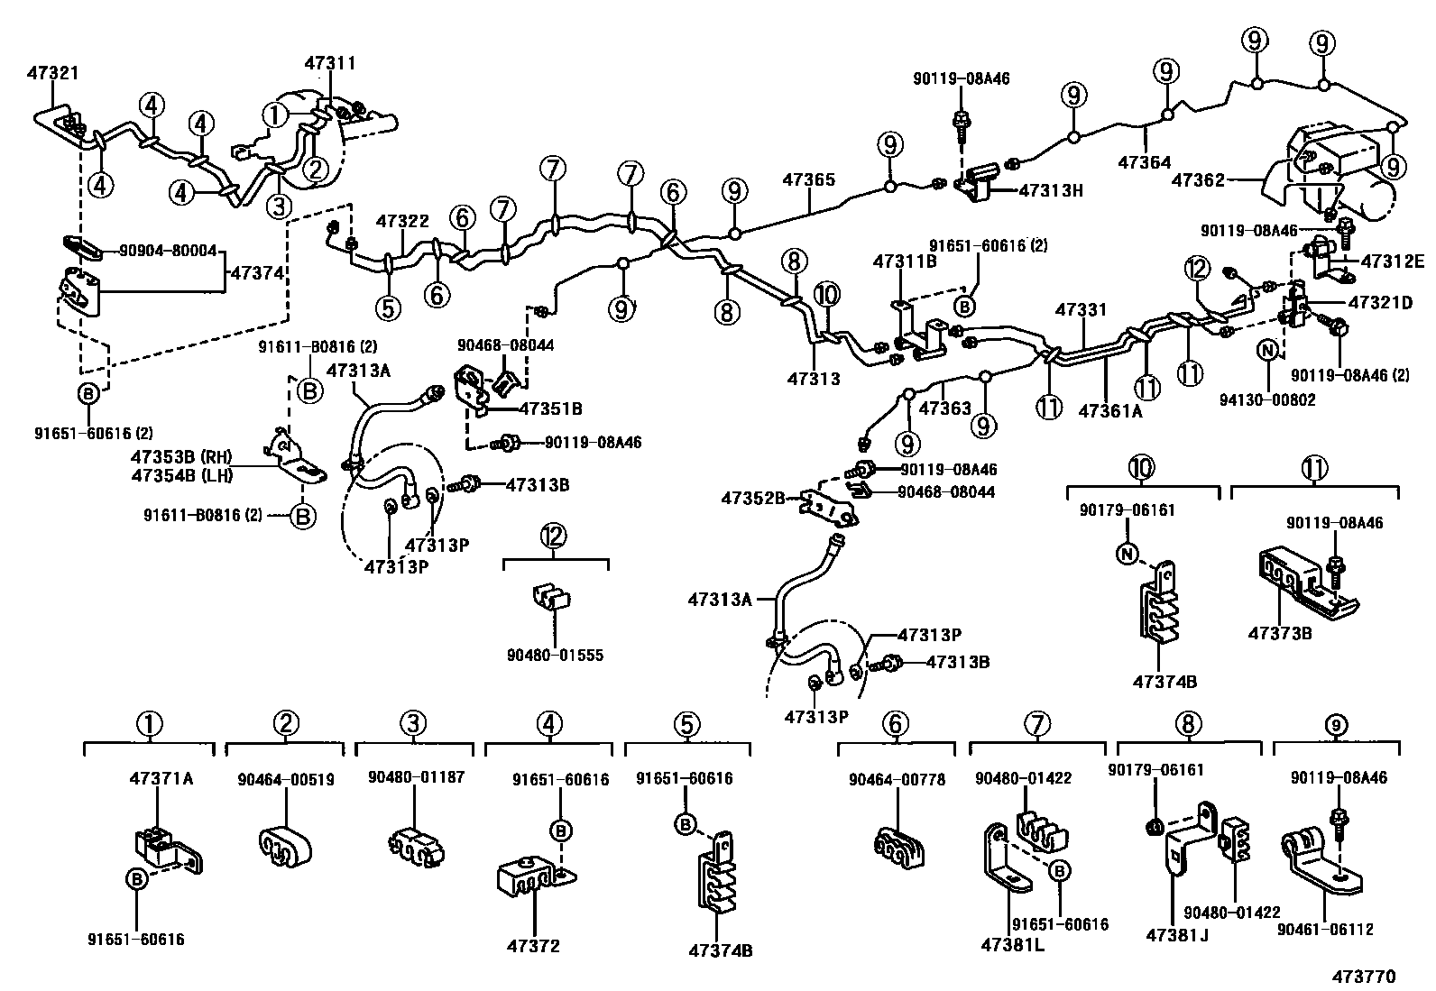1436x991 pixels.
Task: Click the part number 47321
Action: [53, 73]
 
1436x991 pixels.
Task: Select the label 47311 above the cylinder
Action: [330, 63]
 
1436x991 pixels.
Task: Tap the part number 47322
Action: [402, 221]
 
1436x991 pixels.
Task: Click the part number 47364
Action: [1145, 162]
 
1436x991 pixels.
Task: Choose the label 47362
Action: [1198, 180]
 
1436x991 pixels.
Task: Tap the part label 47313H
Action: [1051, 190]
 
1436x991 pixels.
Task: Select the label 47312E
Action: [1393, 261]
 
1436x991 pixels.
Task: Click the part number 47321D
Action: [1380, 303]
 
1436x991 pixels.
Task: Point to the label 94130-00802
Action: [1267, 400]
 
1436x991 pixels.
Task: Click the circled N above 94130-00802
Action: [1266, 351]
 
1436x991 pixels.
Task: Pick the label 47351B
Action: [551, 409]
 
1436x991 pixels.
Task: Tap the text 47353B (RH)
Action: [181, 457]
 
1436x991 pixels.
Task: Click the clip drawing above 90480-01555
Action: [551, 598]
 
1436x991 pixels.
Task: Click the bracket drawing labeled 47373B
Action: [1306, 583]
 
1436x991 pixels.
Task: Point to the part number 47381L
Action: [1012, 946]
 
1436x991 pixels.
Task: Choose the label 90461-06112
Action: [1325, 930]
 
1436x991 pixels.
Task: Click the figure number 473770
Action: [1364, 977]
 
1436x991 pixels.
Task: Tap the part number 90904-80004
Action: [168, 251]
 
